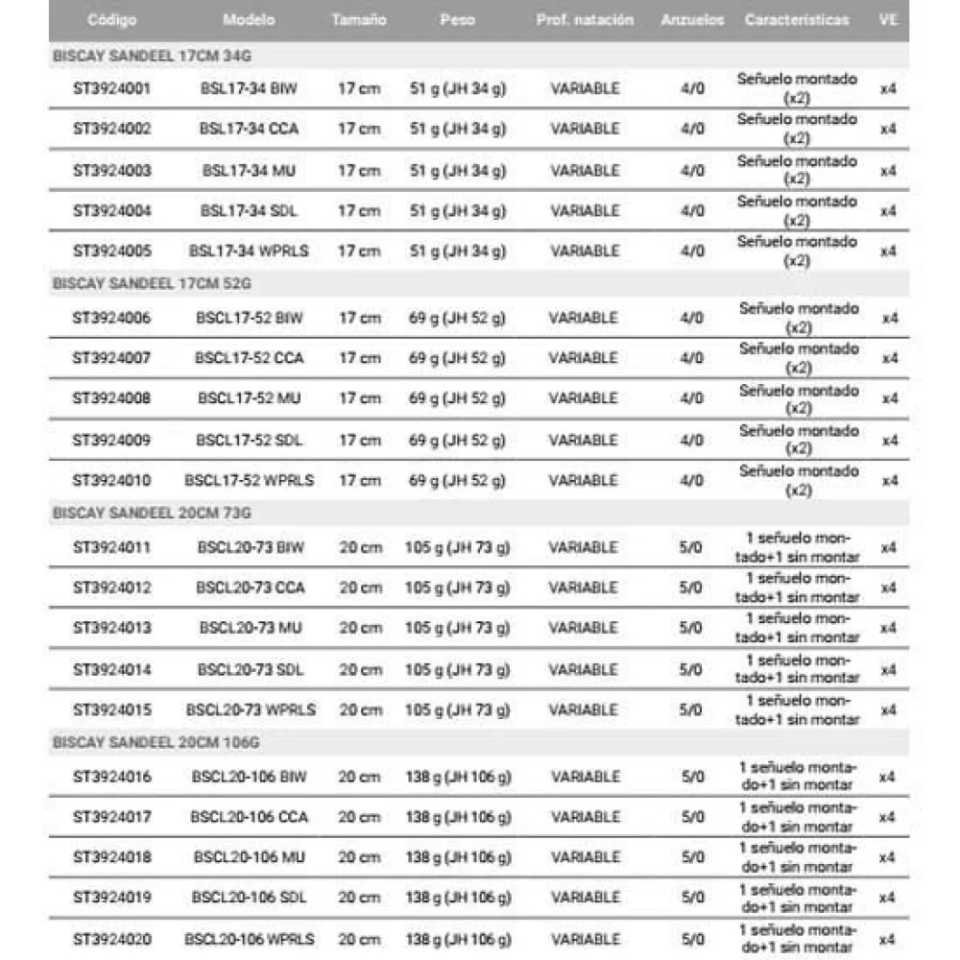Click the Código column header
pyautogui.click(x=111, y=20)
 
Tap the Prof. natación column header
pyautogui.click(x=585, y=20)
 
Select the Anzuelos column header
pyautogui.click(x=692, y=20)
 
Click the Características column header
pyautogui.click(x=797, y=20)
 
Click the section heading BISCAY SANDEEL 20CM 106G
pyautogui.click(x=156, y=742)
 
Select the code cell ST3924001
pyautogui.click(x=111, y=88)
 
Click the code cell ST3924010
pyautogui.click(x=111, y=480)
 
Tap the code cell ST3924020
pyautogui.click(x=111, y=939)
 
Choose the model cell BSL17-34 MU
pyautogui.click(x=249, y=170)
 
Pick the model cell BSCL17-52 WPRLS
pyautogui.click(x=249, y=480)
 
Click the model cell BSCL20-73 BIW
pyautogui.click(x=249, y=547)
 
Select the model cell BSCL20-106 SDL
pyautogui.click(x=249, y=898)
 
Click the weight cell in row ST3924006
pyautogui.click(x=457, y=317)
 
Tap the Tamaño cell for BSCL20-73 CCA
pyautogui.click(x=359, y=588)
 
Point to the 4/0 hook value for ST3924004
pyautogui.click(x=692, y=210)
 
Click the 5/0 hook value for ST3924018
pyautogui.click(x=692, y=857)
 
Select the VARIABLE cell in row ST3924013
pyautogui.click(x=584, y=628)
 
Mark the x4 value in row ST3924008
pyautogui.click(x=890, y=398)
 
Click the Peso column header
pyautogui.click(x=457, y=20)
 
